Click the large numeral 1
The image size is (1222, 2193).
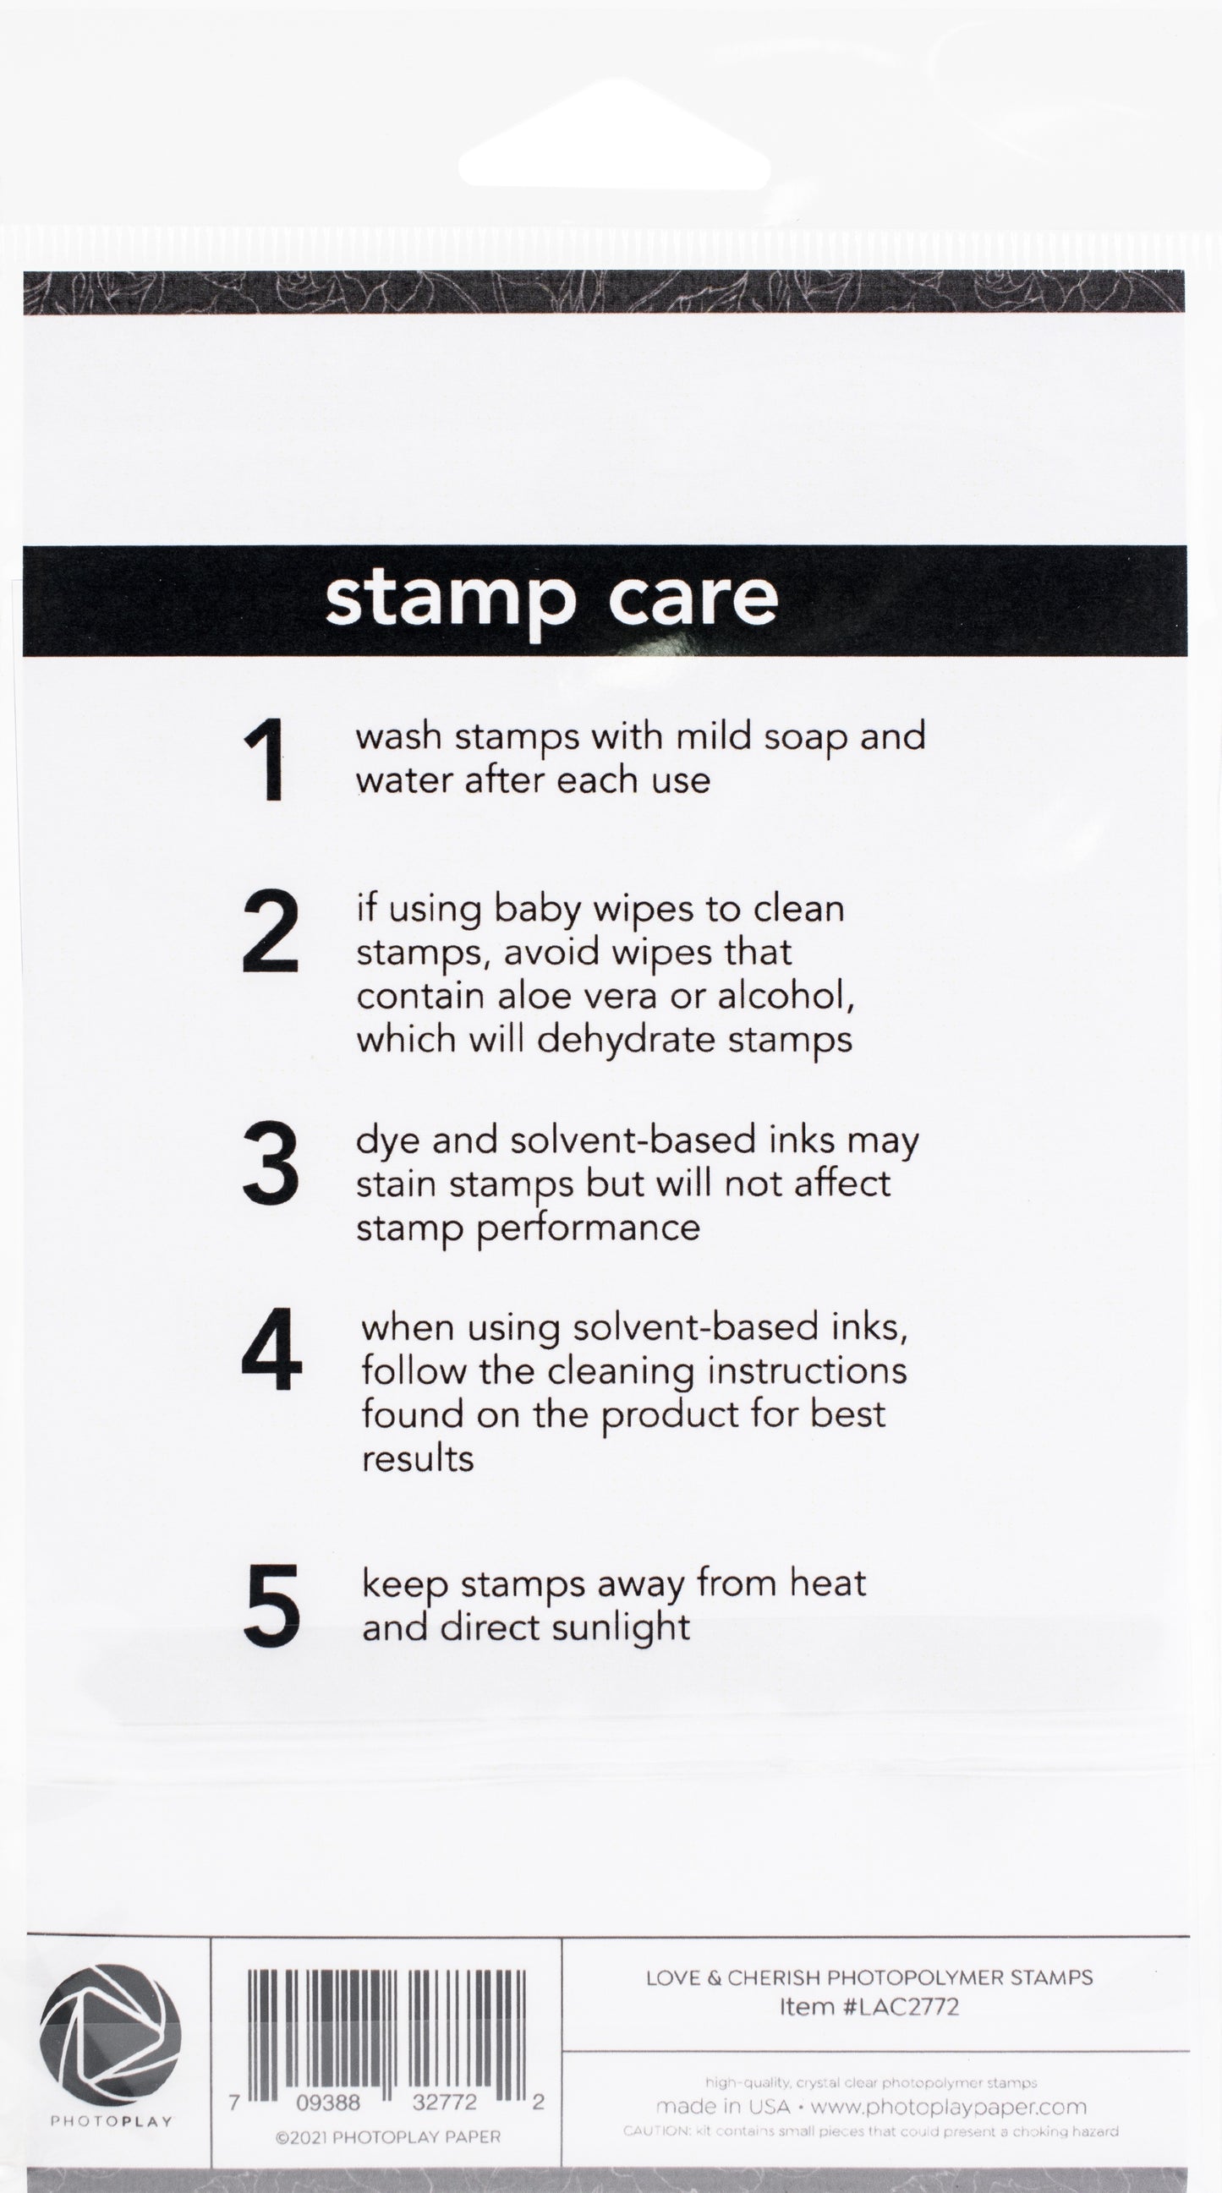(266, 759)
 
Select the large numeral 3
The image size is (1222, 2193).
(270, 1163)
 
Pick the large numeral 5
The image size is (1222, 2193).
(271, 1605)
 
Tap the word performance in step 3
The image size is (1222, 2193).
(588, 1228)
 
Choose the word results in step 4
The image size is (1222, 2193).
(417, 1459)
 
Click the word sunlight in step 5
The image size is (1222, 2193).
(621, 1628)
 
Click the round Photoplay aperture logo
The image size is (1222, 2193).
(110, 2033)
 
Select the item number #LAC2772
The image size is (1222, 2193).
(900, 2006)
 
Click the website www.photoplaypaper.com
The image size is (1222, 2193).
(948, 2107)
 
